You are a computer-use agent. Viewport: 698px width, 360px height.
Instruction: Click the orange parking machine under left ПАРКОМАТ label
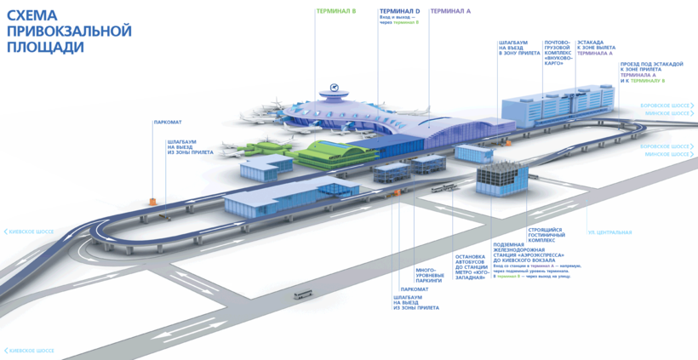point(153,201)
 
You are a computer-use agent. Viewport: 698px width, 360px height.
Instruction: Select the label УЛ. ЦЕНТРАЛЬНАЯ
point(609,231)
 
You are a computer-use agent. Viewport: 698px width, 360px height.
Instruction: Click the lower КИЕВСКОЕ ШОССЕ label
point(32,351)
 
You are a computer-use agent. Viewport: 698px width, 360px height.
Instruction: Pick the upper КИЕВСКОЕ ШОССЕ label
point(32,231)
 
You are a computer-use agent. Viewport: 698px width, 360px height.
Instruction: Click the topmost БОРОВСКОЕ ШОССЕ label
point(666,106)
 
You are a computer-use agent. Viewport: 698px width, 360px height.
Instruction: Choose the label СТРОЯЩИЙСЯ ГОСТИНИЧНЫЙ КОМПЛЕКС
point(546,235)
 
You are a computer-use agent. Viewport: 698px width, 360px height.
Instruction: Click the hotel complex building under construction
point(501,178)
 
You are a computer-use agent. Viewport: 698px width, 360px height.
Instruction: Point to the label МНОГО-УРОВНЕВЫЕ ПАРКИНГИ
point(429,275)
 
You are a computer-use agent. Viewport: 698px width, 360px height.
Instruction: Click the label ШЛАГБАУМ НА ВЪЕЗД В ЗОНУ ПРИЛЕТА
point(513,48)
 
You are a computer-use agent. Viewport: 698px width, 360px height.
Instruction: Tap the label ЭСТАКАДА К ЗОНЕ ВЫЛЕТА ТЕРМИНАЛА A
point(595,48)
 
